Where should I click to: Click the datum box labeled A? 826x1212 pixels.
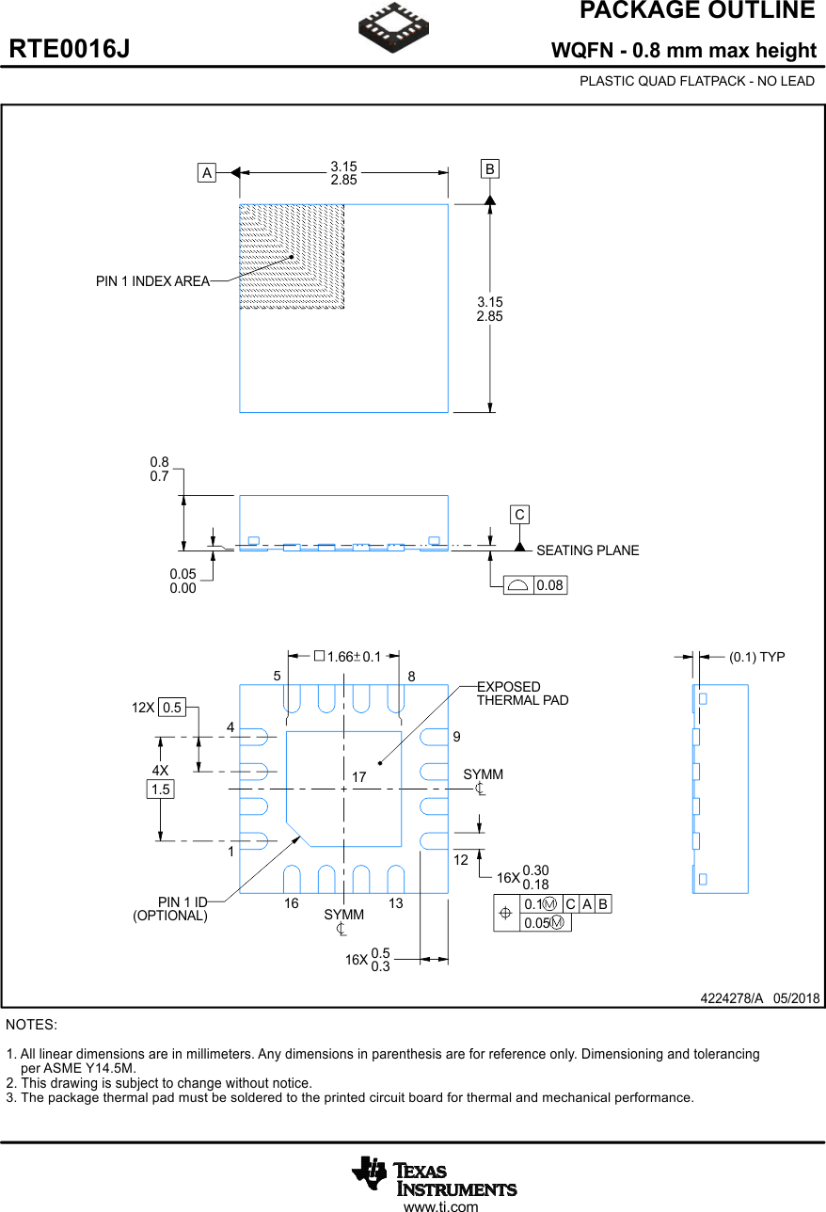pyautogui.click(x=207, y=172)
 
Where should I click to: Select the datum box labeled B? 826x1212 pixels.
pyautogui.click(x=489, y=169)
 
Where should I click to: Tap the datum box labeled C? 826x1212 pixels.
pyautogui.click(x=519, y=515)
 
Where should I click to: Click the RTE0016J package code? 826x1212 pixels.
pyautogui.click(x=70, y=50)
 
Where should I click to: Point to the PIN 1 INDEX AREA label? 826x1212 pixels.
pyautogui.click(x=152, y=281)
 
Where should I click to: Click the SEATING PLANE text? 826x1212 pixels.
pyautogui.click(x=587, y=550)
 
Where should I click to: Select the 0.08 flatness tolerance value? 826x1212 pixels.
pyautogui.click(x=549, y=585)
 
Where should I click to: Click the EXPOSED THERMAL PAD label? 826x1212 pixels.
pyautogui.click(x=522, y=694)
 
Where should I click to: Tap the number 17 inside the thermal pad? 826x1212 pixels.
pyautogui.click(x=358, y=777)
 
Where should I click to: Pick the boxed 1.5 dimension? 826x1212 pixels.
pyautogui.click(x=161, y=789)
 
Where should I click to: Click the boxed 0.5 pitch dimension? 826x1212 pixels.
pyautogui.click(x=171, y=708)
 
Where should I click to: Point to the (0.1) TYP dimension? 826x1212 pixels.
pyautogui.click(x=756, y=657)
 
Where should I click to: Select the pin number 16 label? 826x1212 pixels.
pyautogui.click(x=292, y=903)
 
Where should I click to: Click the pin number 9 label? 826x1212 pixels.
pyautogui.click(x=456, y=736)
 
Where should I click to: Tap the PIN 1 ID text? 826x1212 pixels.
pyautogui.click(x=182, y=902)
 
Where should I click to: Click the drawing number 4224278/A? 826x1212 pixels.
pyautogui.click(x=731, y=998)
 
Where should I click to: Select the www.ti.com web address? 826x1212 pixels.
pyautogui.click(x=440, y=1206)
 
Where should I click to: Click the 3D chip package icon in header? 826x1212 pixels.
pyautogui.click(x=394, y=26)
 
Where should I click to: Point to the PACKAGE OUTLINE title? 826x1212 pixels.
pyautogui.click(x=696, y=11)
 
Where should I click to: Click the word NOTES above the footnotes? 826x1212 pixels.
pyautogui.click(x=31, y=1024)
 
